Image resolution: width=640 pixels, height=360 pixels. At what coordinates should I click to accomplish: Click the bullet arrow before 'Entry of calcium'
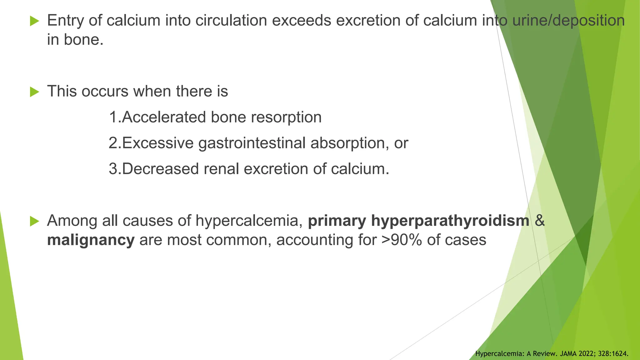click(x=35, y=21)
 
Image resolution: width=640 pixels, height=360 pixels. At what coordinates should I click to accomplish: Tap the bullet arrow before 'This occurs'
click(x=35, y=92)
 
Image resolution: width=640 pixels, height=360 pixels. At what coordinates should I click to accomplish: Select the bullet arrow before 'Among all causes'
click(x=35, y=221)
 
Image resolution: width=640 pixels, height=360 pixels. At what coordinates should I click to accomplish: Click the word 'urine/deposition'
click(x=568, y=21)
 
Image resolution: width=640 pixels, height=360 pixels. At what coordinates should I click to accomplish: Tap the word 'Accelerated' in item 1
click(x=164, y=117)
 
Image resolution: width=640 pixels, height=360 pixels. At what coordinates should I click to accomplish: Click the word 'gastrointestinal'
click(x=252, y=143)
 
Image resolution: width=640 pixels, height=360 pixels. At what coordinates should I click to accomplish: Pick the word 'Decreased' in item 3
click(x=160, y=169)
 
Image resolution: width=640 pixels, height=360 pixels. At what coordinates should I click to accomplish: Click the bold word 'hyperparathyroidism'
click(x=450, y=221)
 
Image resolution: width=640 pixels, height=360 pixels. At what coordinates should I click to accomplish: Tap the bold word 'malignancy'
click(x=91, y=240)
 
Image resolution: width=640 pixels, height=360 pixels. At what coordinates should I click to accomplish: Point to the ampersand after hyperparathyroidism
click(x=540, y=221)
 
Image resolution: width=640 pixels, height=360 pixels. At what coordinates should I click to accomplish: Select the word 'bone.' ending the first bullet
click(x=83, y=40)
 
